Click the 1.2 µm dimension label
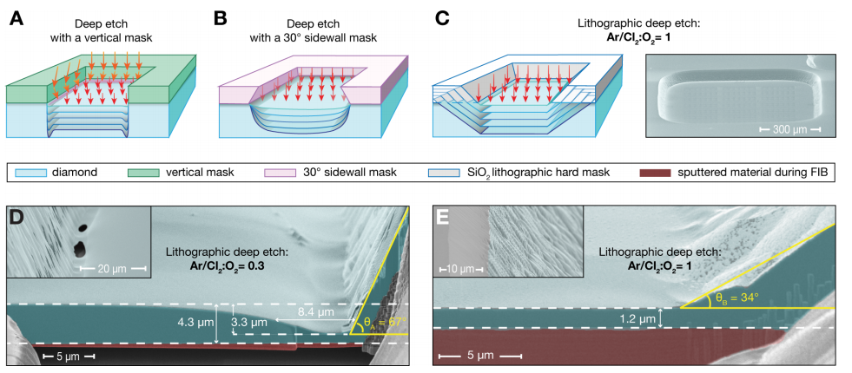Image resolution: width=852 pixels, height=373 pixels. [634, 319]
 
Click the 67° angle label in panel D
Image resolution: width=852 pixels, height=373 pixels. [383, 322]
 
